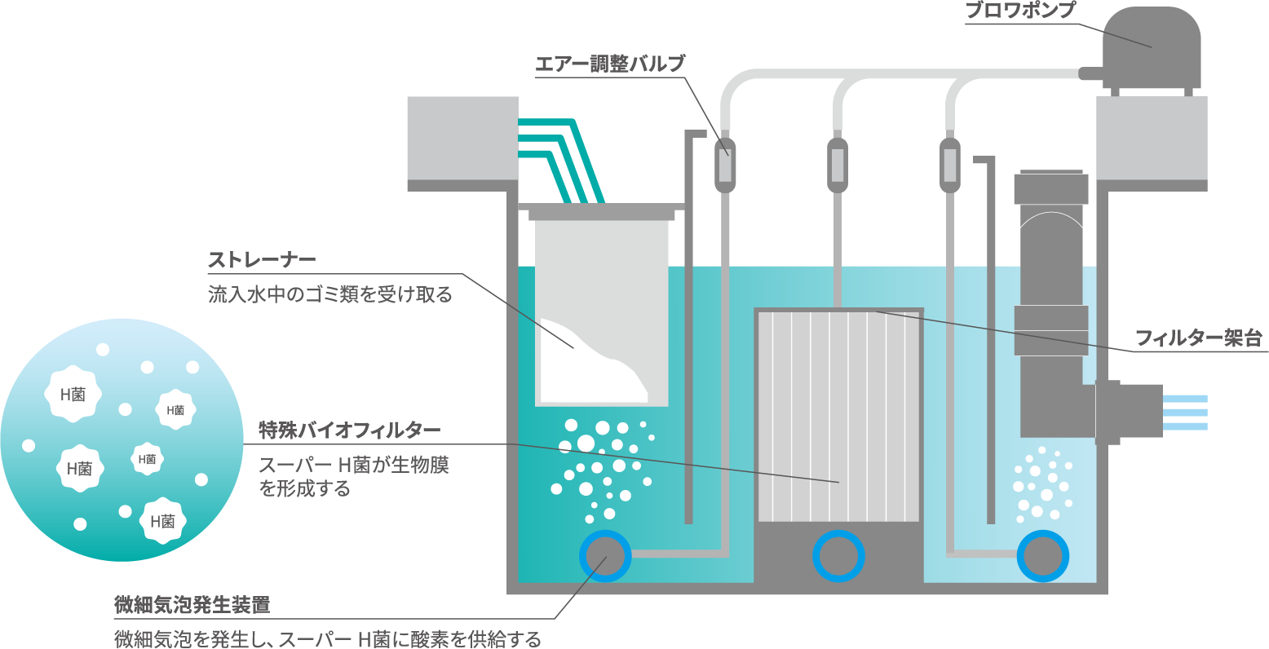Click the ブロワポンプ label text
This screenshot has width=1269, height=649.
coord(1019,11)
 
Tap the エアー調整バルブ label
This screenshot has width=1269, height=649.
coord(610,64)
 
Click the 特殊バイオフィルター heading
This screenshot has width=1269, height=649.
coord(350,430)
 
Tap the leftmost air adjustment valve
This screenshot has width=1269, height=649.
coord(723,163)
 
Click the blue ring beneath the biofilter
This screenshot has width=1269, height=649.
coord(838,556)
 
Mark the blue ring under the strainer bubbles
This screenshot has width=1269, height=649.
coord(605,556)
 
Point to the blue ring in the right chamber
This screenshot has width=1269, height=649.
coord(1042,556)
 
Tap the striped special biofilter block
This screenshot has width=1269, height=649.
coord(838,416)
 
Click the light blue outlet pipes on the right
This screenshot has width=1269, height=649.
coord(1184,412)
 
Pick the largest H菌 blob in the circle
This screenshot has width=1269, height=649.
coord(73,395)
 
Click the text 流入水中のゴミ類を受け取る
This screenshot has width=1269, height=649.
coord(329,294)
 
